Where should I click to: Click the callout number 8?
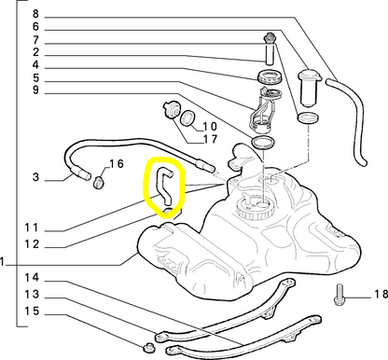click(36, 14)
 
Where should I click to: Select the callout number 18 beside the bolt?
click(381, 294)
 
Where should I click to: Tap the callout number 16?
click(116, 164)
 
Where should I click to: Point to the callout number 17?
click(210, 139)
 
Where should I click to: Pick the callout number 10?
click(210, 126)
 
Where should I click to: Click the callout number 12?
click(33, 244)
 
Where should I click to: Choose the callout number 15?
click(33, 311)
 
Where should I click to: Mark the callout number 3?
click(36, 177)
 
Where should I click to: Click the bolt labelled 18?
click(339, 294)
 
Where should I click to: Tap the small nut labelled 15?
click(149, 348)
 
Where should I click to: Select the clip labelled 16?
click(99, 182)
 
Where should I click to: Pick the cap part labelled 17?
click(172, 110)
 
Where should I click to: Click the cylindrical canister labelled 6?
click(309, 88)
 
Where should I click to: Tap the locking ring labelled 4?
click(270, 76)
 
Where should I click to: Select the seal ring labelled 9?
click(263, 142)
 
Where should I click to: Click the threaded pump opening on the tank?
click(255, 208)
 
